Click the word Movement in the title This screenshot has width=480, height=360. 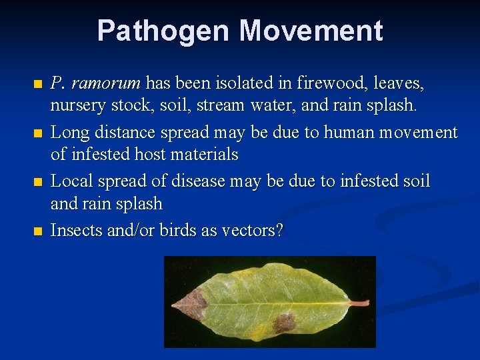coord(311,31)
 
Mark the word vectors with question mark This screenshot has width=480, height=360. coord(257,231)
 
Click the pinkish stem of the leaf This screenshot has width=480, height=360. coord(359,303)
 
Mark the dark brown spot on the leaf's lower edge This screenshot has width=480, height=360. coord(284,323)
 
